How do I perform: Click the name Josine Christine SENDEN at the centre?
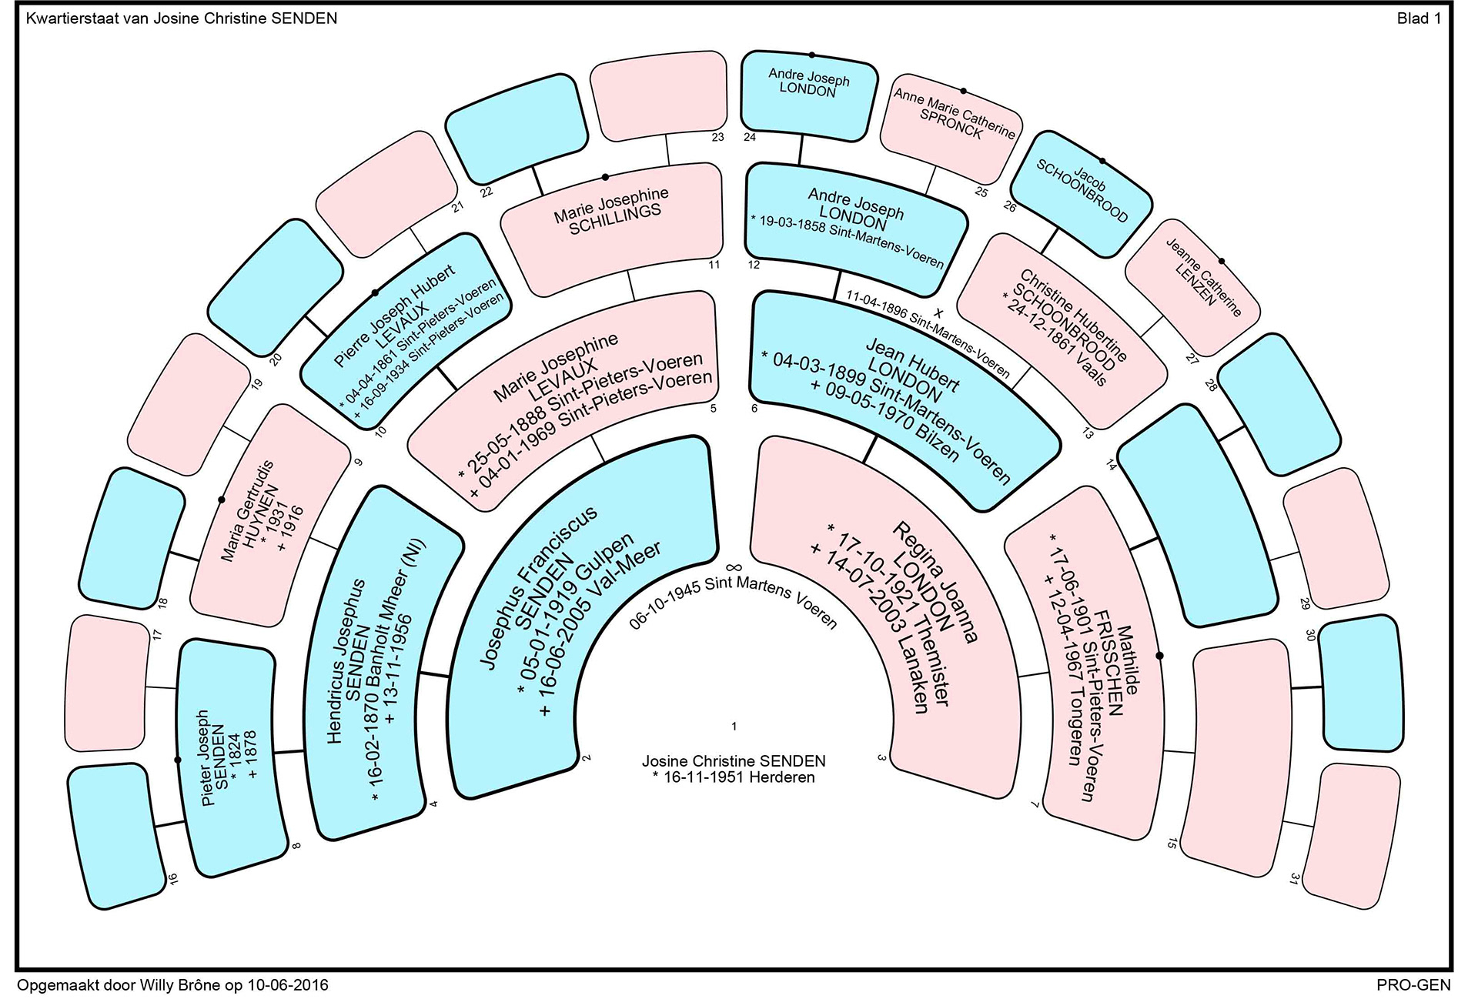[x=734, y=761]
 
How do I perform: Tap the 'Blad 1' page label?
[x=1419, y=19]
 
